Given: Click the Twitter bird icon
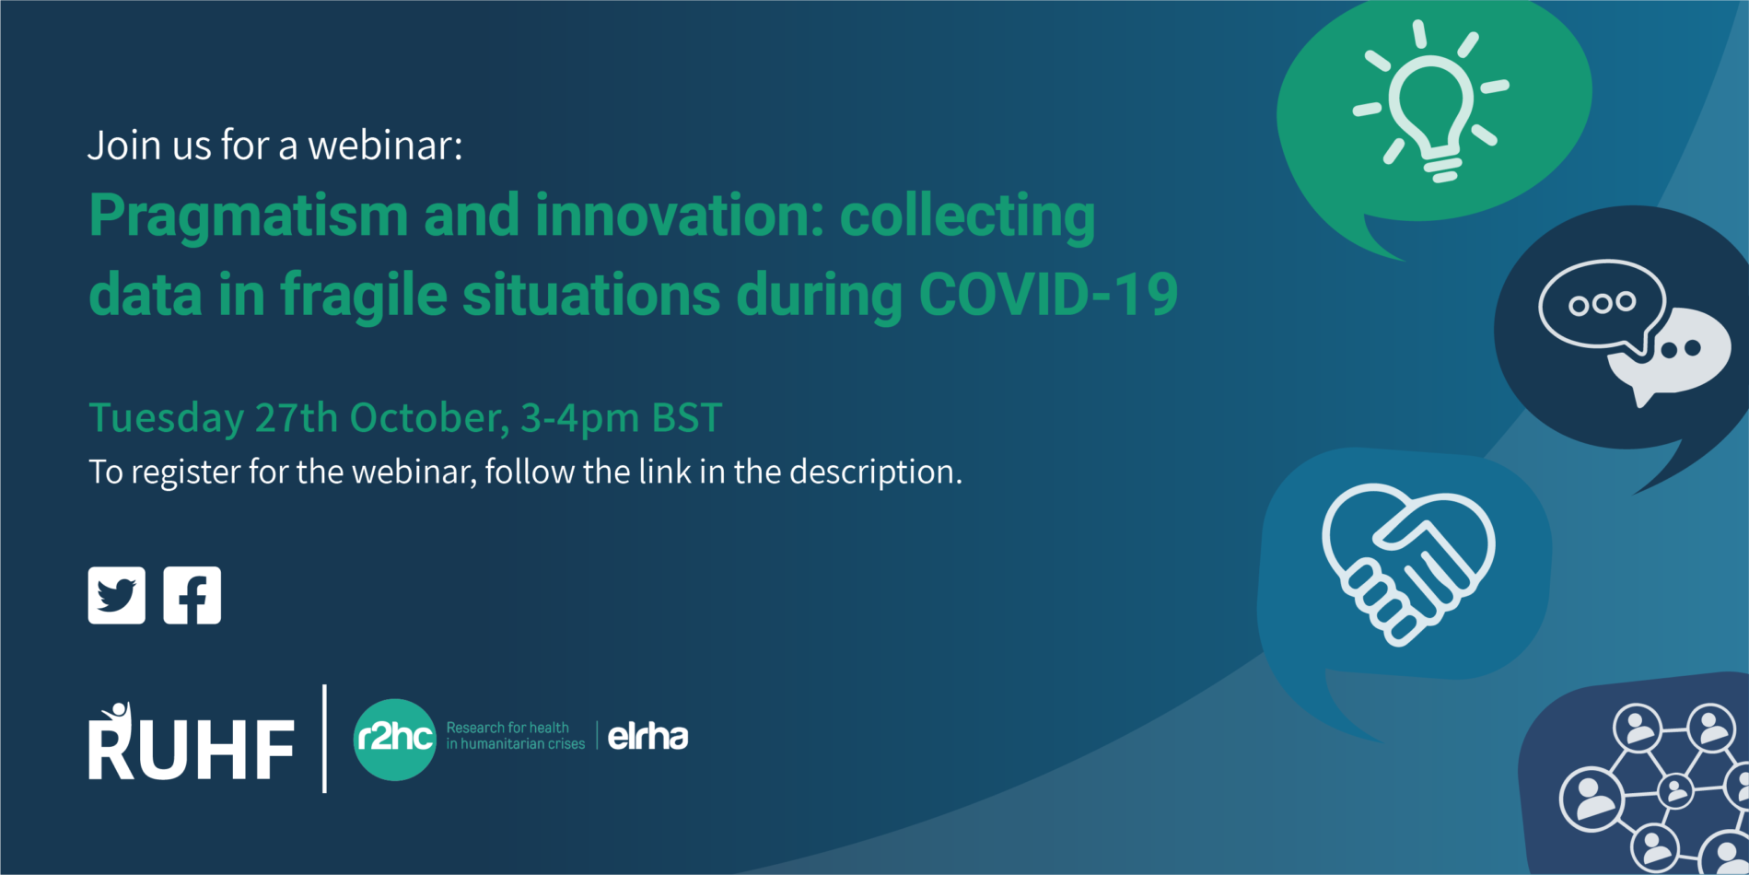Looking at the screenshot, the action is click(116, 595).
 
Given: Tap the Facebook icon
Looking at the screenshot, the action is click(192, 595).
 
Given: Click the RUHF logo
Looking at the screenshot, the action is click(192, 742).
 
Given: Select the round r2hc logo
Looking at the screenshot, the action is click(395, 739).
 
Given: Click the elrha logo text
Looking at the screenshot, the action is click(648, 736).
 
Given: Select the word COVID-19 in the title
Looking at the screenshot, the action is click(1048, 295).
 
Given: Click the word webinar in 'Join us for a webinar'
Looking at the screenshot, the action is click(385, 146).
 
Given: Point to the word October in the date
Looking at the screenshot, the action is click(429, 418).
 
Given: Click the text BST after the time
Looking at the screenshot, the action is click(687, 417).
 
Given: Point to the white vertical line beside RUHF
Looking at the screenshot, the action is click(324, 739).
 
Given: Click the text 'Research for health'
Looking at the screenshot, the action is click(507, 728).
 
